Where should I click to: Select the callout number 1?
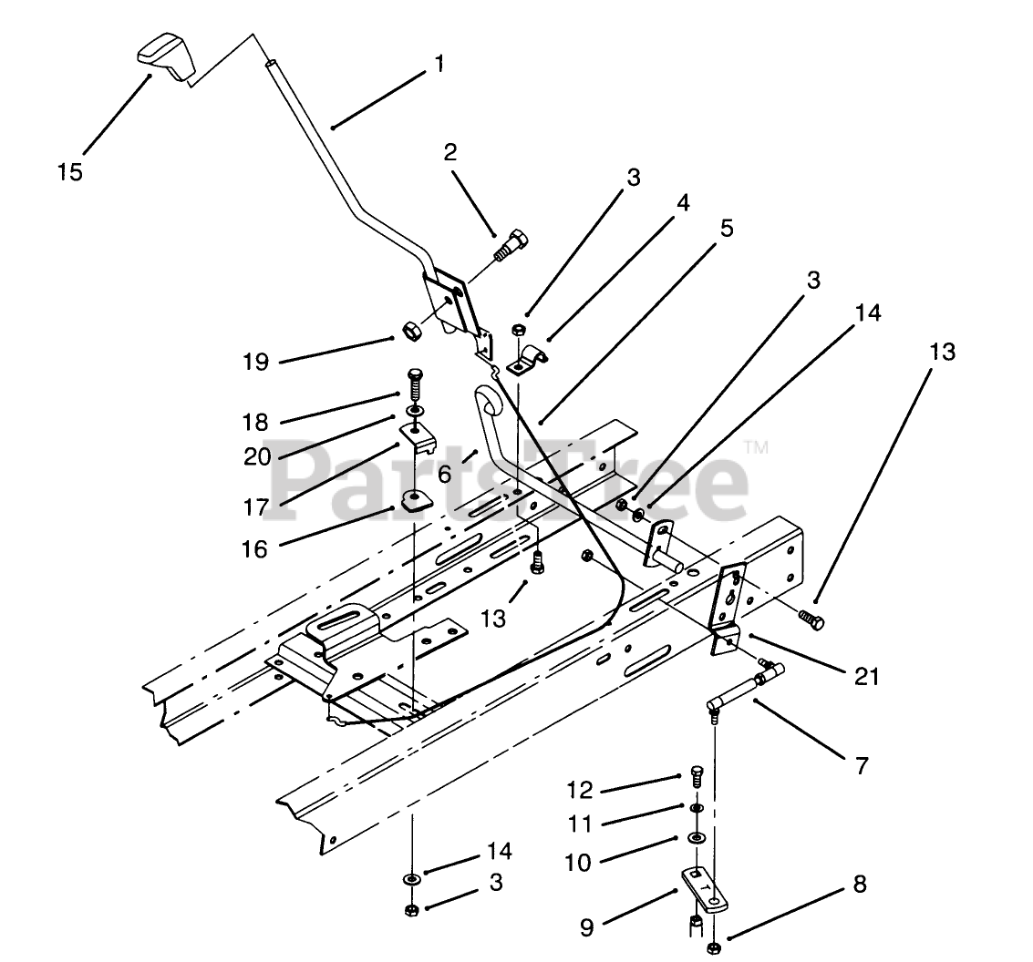(439, 65)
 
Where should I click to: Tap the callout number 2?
(450, 153)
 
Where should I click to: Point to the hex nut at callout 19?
(409, 331)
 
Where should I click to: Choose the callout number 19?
(255, 362)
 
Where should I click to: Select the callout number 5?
(726, 230)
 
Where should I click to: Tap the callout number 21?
(866, 676)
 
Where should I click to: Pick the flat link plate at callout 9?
(704, 889)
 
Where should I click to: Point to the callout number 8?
(860, 885)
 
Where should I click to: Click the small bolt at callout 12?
(697, 776)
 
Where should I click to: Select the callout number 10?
(578, 863)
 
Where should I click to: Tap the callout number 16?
(255, 549)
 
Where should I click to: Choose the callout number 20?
(257, 456)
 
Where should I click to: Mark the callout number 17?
(255, 507)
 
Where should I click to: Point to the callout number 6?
(445, 474)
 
